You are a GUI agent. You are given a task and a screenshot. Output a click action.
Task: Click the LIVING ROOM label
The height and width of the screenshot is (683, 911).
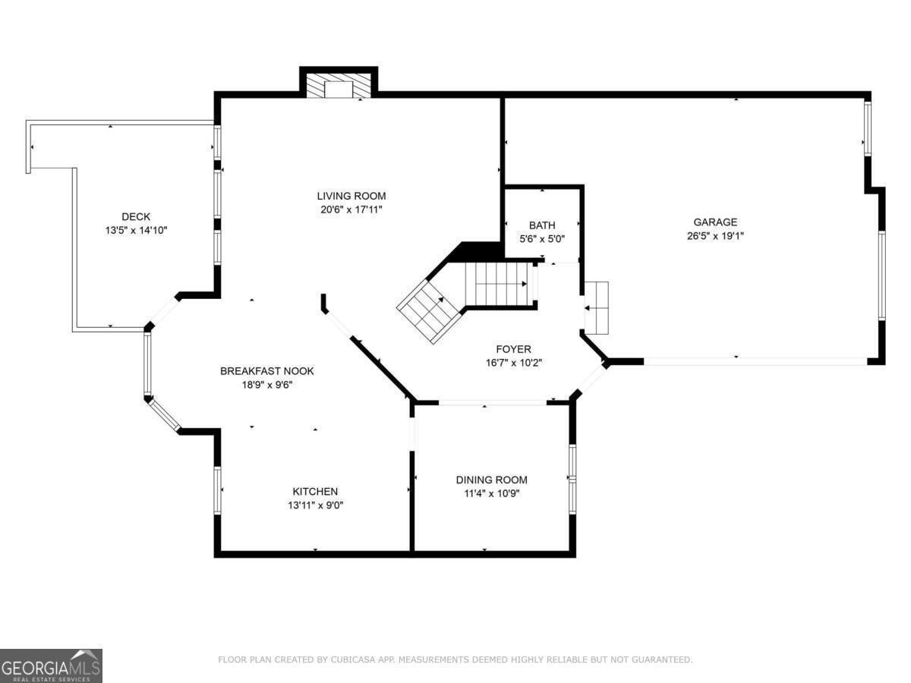point(351,196)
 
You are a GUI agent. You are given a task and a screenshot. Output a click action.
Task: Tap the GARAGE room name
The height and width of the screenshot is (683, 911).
point(715,222)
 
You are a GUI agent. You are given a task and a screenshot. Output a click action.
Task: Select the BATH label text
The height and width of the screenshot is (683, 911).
point(542,225)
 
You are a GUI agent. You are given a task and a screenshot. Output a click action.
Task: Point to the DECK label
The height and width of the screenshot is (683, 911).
point(136,216)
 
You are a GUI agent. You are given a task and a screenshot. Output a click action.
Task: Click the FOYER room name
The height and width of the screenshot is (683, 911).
point(513,349)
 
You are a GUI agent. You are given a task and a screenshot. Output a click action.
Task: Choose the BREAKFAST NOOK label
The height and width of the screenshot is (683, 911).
point(267,371)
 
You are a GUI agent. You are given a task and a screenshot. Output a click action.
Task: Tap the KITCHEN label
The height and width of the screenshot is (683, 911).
point(315,492)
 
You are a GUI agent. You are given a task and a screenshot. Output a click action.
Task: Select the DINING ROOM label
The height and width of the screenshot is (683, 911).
point(491,480)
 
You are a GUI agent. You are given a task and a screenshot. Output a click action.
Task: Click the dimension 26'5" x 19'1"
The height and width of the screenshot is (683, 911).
point(715,236)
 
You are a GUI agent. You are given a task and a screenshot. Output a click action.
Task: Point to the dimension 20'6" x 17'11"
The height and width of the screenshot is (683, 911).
point(351,209)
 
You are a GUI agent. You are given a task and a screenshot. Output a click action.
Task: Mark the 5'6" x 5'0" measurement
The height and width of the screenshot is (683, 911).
point(542,239)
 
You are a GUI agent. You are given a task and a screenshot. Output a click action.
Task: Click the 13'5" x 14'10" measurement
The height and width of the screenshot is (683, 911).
point(136,230)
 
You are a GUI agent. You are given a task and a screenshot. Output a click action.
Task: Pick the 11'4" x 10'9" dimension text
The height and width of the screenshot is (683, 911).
point(491,493)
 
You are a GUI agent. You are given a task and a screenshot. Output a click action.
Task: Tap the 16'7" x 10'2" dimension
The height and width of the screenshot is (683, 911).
point(514,363)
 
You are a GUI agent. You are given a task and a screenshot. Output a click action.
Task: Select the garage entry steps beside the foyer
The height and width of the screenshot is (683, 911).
point(596,307)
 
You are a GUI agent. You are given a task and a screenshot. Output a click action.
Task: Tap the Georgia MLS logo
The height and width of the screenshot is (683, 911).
point(51,666)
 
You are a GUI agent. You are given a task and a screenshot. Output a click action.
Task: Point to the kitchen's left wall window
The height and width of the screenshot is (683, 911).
point(217,490)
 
